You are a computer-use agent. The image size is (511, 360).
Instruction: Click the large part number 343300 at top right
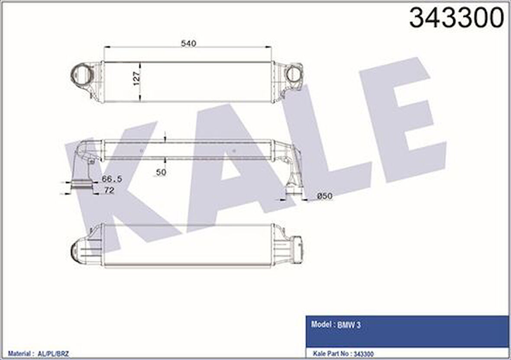456,18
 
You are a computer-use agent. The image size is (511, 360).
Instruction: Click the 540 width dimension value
188,43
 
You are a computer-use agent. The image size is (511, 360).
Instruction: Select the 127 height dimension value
136,78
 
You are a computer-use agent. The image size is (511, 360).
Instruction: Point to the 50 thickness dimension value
162,172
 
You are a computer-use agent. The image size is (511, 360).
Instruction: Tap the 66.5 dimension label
111,179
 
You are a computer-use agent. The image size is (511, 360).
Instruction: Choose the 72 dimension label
109,190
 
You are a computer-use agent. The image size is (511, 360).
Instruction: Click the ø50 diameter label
324,196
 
